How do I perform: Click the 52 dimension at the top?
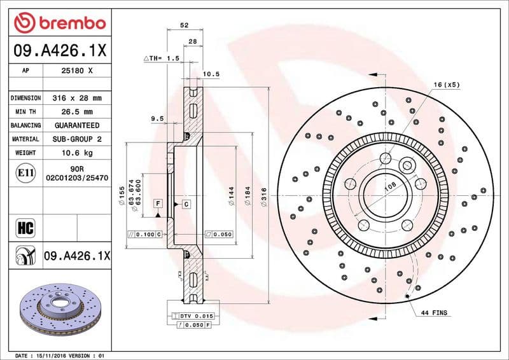[x=184, y=25]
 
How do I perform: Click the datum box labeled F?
[x=157, y=204]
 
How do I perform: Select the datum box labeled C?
[x=186, y=204]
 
